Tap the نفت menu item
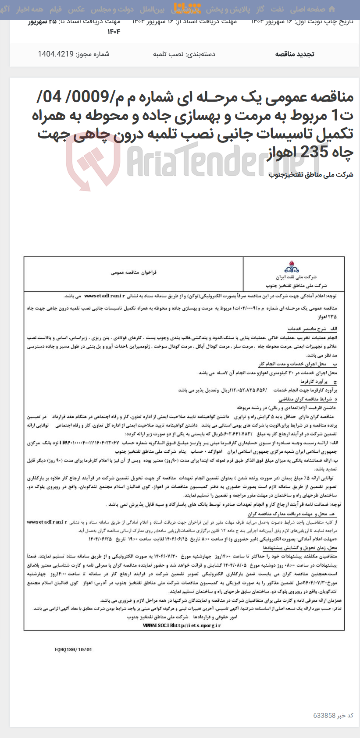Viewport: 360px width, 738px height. pyautogui.click(x=277, y=10)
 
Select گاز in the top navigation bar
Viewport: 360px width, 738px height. pyautogui.click(x=260, y=10)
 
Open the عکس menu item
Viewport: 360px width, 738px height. pyautogui.click(x=77, y=10)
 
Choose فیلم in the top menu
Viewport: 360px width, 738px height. pyautogui.click(x=55, y=10)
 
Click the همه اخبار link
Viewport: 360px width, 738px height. pyautogui.click(x=30, y=10)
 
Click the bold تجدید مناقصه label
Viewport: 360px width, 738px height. pyautogui.click(x=294, y=54)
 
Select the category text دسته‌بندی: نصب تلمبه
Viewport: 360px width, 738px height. pyautogui.click(x=184, y=54)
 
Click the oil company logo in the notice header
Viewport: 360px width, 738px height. pyautogui.click(x=292, y=267)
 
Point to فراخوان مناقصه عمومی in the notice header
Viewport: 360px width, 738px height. pyautogui.click(x=133, y=272)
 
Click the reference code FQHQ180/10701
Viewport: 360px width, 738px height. pyautogui.click(x=74, y=649)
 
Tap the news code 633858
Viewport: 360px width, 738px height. pyautogui.click(x=324, y=715)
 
